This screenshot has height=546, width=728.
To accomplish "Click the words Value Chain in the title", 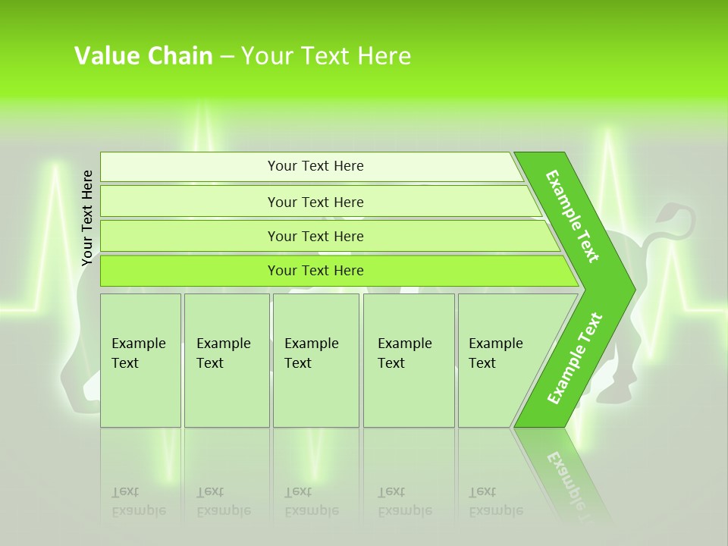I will click(x=143, y=55).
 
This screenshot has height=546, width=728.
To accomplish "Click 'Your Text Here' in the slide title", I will click(x=326, y=55).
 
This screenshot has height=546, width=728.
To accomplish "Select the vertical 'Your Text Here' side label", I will click(x=87, y=218).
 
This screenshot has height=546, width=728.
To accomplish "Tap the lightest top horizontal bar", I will click(x=315, y=166).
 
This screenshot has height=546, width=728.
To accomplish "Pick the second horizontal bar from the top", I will click(x=315, y=202).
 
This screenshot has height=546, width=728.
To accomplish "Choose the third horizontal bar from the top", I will click(x=315, y=236).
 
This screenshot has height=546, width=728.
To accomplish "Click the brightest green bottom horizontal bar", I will click(x=315, y=271).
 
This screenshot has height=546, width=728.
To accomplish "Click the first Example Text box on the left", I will click(x=140, y=360).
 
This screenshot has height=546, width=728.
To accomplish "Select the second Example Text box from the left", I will click(x=226, y=360).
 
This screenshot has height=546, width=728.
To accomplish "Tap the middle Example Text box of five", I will click(x=315, y=360).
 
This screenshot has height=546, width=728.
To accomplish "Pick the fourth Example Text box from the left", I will click(x=409, y=360).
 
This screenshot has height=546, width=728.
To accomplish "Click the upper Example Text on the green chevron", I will click(x=573, y=216).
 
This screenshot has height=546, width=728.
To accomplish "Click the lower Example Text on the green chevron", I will click(x=574, y=358).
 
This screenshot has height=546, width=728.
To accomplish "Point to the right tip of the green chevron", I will click(x=633, y=289).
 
